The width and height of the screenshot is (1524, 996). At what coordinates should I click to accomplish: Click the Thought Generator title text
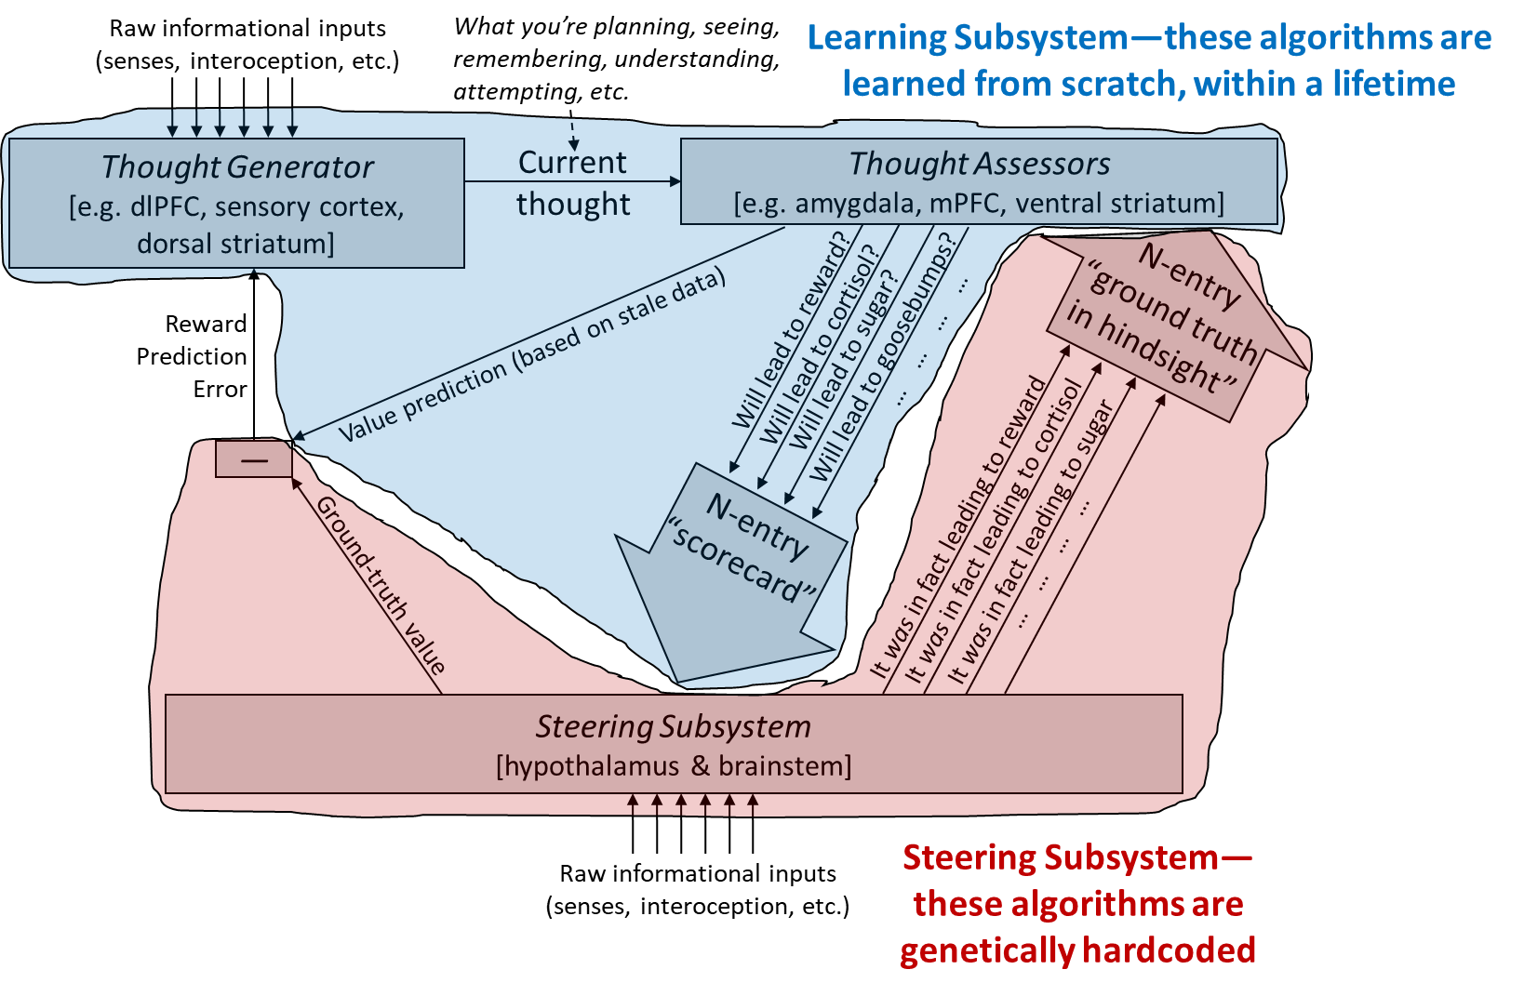pos(237,167)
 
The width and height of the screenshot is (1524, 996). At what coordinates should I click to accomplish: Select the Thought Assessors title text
pos(979,165)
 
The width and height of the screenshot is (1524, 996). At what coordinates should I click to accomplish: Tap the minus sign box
pos(254,458)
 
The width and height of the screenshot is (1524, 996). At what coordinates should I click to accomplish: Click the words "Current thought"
pos(573,183)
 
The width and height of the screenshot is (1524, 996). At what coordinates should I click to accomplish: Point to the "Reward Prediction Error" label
pos(191,356)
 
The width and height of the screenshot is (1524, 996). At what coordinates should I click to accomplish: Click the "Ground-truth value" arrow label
pos(381,585)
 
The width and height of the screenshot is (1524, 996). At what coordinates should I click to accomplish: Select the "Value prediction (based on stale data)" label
pos(532,356)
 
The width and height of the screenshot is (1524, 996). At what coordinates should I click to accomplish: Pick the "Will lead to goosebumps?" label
pos(888,356)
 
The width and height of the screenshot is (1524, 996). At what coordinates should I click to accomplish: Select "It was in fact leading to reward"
pos(958,527)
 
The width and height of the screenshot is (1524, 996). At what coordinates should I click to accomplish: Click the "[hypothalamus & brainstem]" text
pos(674,766)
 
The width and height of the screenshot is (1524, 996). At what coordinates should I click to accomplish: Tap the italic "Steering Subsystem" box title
pos(674,727)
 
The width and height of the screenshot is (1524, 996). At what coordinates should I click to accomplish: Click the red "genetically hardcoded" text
pos(1077,950)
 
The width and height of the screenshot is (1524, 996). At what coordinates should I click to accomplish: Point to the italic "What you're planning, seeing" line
pos(617,27)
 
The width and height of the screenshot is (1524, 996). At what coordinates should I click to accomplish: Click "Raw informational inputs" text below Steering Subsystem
pos(698,873)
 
